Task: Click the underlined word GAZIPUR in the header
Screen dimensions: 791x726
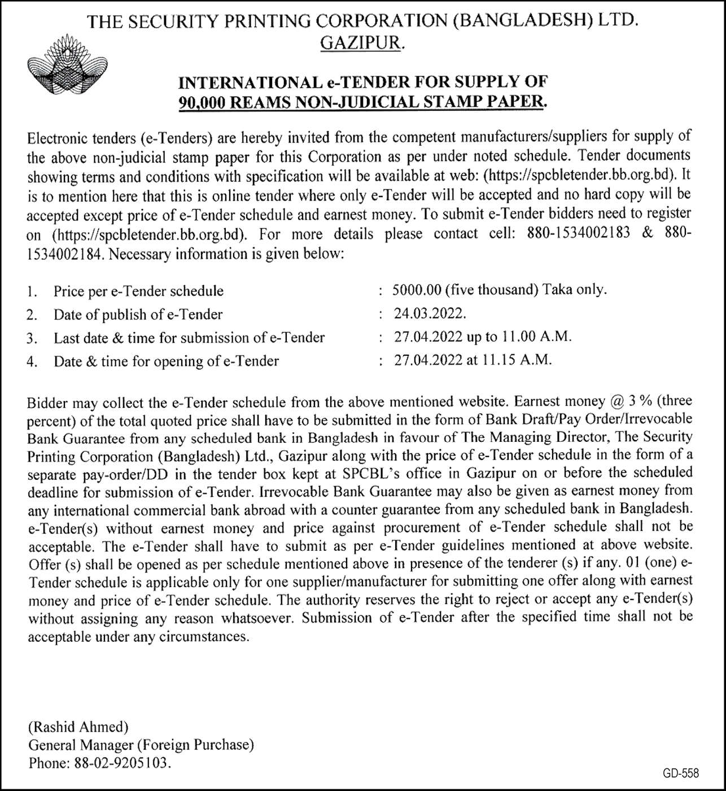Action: [361, 43]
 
